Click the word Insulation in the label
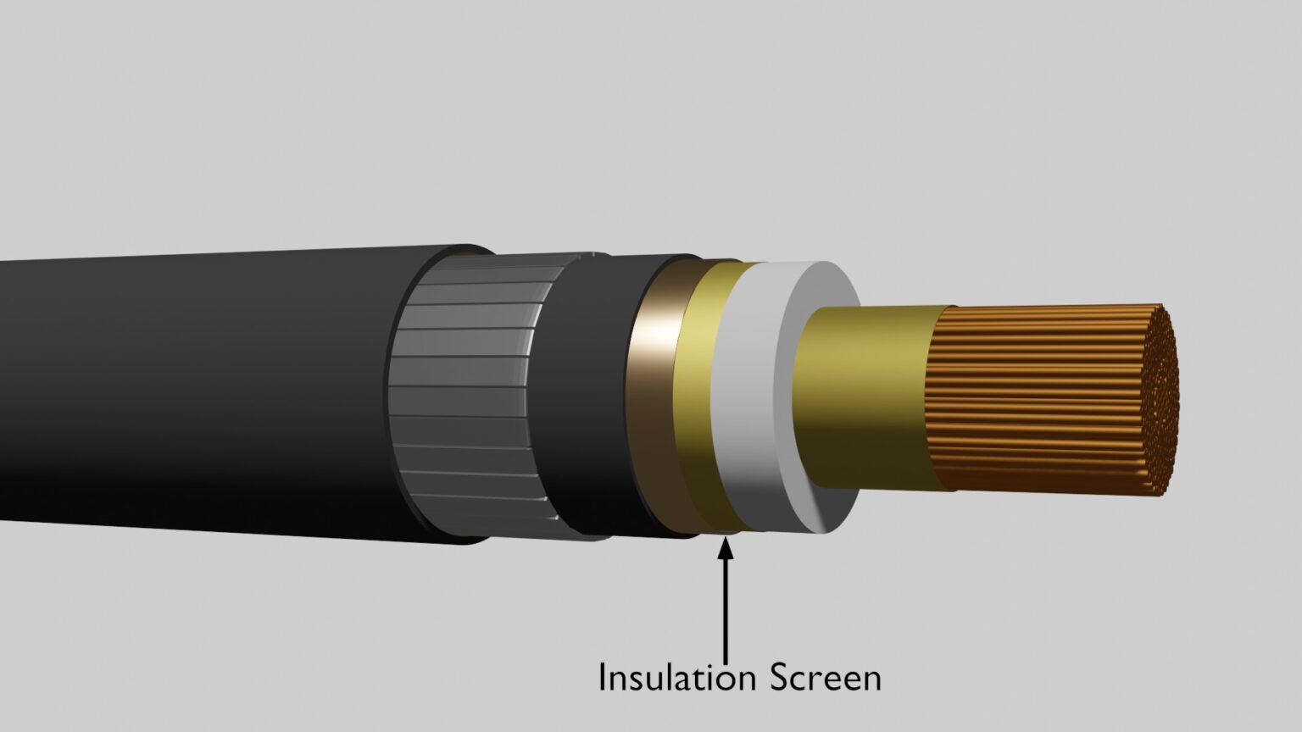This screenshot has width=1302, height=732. click(x=676, y=678)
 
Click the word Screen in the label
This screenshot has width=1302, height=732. click(x=826, y=678)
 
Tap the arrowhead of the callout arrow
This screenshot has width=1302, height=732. click(x=725, y=548)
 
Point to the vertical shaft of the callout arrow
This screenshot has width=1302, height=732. click(x=725, y=610)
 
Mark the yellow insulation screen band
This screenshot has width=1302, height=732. click(x=704, y=398)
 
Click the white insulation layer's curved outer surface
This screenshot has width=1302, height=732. click(x=746, y=398)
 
